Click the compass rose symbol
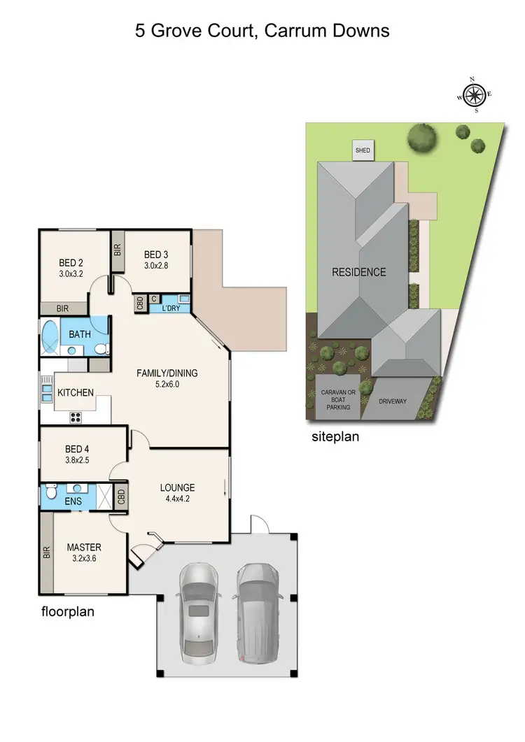[x=475, y=94]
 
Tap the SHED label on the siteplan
[x=363, y=150]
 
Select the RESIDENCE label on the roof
[x=358, y=272]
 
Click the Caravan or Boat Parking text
[x=338, y=397]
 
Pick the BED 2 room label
[x=71, y=263]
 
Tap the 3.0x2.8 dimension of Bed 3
[x=156, y=265]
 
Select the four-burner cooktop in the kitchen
[x=76, y=418]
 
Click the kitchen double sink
[x=47, y=391]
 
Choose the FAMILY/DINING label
[x=167, y=373]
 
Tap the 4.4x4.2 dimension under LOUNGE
[x=177, y=499]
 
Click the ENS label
[x=73, y=501]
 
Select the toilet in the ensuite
[x=50, y=494]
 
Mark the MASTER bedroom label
[x=85, y=547]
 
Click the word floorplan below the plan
[x=67, y=612]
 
